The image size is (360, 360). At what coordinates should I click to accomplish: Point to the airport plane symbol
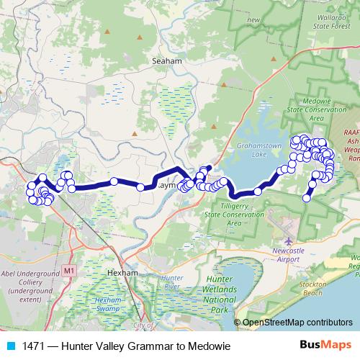(x=289, y=240)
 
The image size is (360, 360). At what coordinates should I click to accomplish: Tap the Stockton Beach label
(x=338, y=293)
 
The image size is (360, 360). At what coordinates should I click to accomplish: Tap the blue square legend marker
(x=11, y=346)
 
